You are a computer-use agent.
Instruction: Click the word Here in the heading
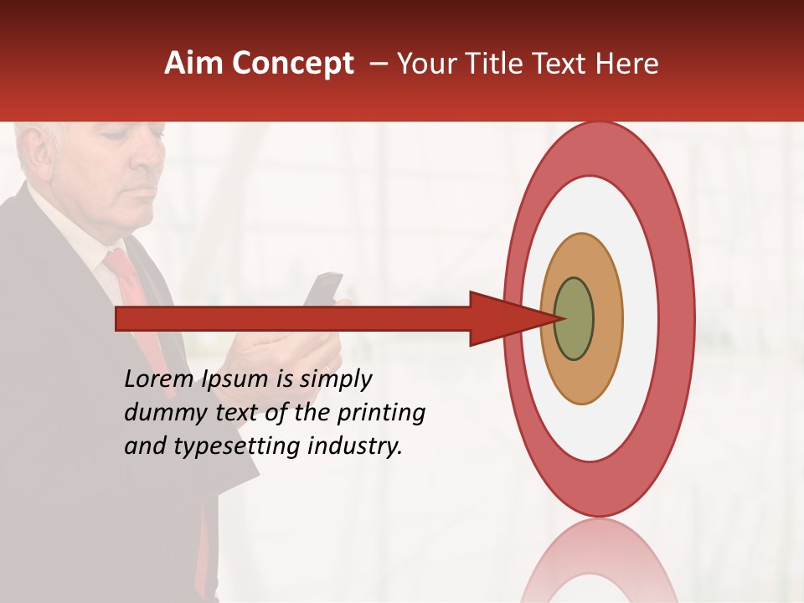click(x=627, y=64)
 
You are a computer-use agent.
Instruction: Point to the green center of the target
click(x=575, y=319)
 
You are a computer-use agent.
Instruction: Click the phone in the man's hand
click(x=323, y=289)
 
